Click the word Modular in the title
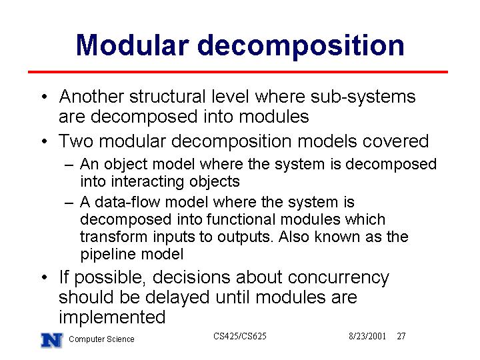[132, 45]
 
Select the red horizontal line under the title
[238, 72]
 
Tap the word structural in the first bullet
[167, 97]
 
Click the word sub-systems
[363, 97]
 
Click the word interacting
[147, 182]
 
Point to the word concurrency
[338, 277]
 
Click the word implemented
[112, 317]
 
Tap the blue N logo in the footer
[52, 340]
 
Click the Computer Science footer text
[101, 339]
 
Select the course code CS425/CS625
[240, 336]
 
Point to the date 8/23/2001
[367, 336]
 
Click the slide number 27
[401, 336]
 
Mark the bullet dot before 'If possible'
[45, 277]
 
